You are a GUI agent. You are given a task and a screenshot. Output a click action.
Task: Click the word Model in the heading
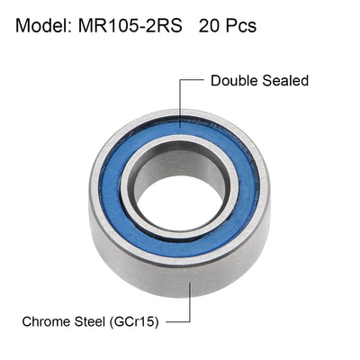pyautogui.click(x=46, y=25)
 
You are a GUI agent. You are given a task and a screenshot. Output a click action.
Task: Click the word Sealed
pyautogui.click(x=285, y=80)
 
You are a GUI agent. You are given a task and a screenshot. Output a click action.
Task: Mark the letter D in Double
pyautogui.click(x=216, y=80)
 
